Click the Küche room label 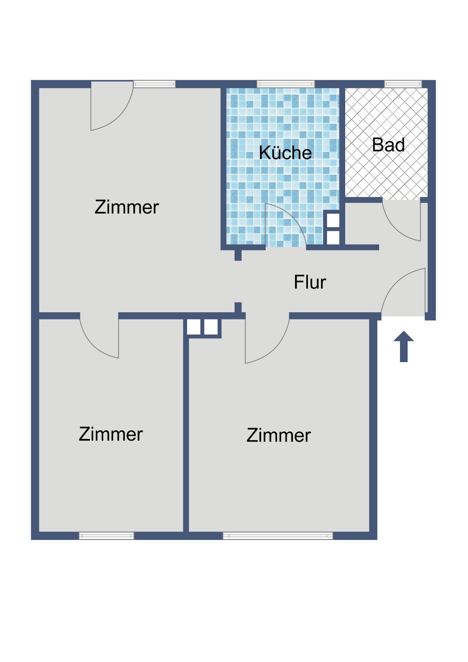coord(285,153)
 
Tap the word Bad coord(388,145)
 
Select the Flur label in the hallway coord(310,282)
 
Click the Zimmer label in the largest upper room coord(127,207)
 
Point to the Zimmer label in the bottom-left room coord(111,434)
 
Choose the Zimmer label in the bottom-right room coord(278,435)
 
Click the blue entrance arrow coord(403,346)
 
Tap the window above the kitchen coord(286,84)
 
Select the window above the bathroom coord(403,84)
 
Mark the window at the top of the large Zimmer coord(154,84)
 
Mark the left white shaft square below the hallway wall coord(194,327)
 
